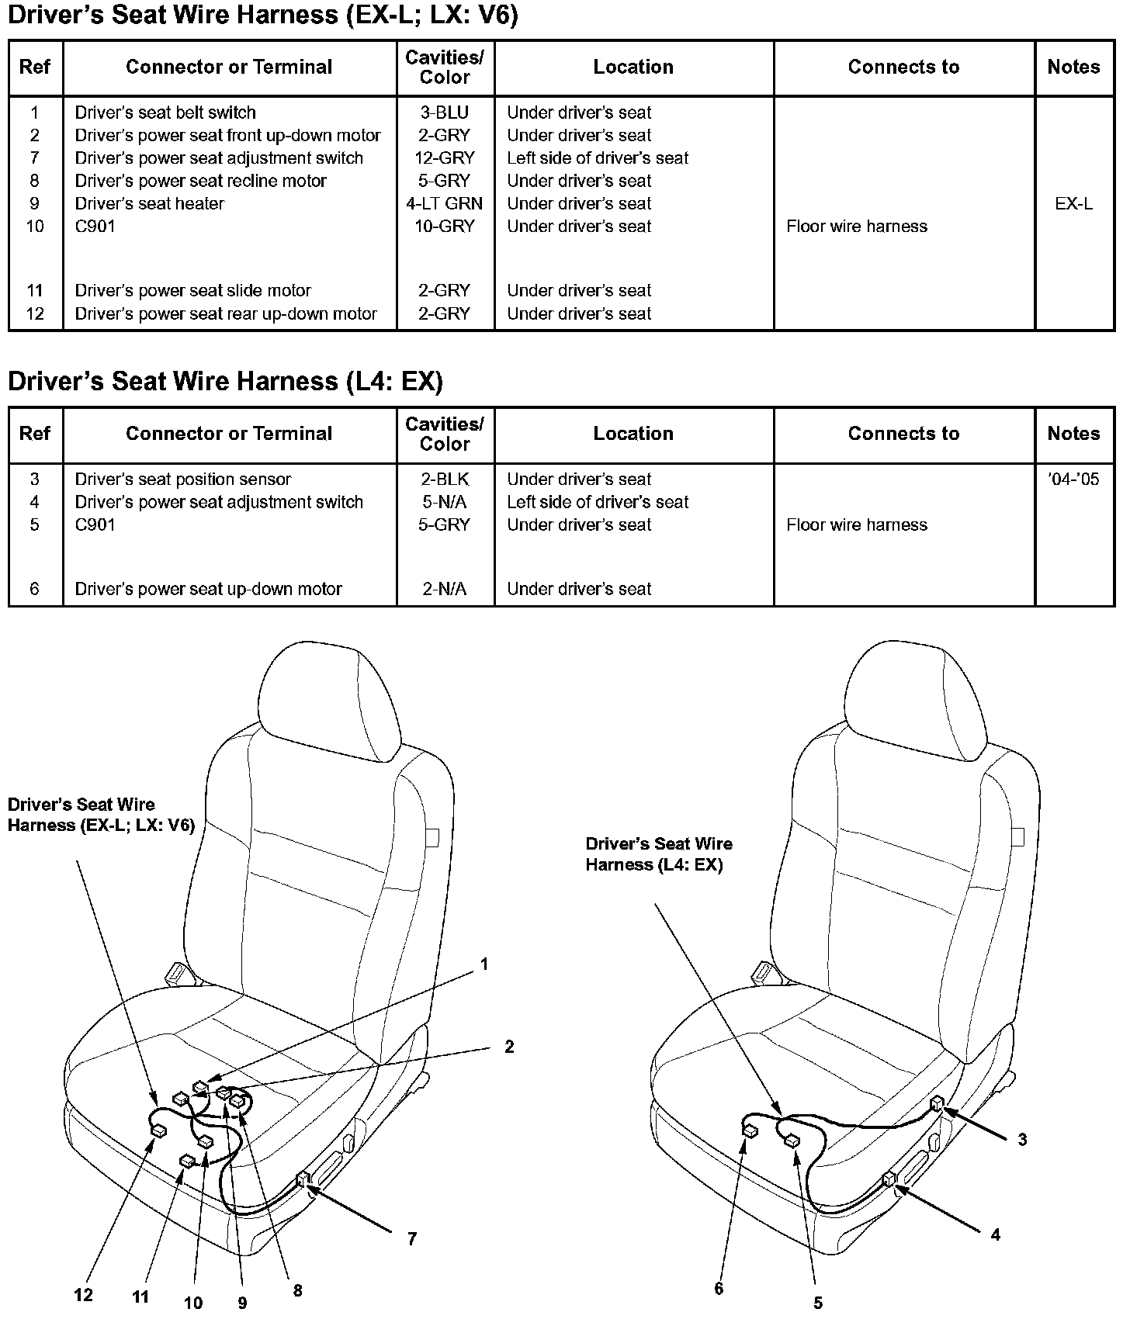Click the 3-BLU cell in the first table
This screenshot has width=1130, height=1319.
[x=445, y=113]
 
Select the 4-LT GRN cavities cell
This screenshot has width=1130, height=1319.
[x=445, y=203]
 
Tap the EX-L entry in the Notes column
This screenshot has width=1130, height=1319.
[x=1073, y=203]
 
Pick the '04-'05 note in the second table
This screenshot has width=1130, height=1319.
[x=1073, y=479]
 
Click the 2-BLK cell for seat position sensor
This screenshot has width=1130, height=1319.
[x=445, y=479]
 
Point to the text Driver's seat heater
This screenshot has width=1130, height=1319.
[x=149, y=203]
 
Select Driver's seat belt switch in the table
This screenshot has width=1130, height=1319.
[x=165, y=113]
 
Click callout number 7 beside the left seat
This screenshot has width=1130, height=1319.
[x=411, y=1239]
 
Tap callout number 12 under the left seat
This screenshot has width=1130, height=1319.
[x=83, y=1294]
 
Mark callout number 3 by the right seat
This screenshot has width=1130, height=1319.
[x=1022, y=1139]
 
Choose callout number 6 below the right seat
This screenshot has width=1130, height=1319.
[x=719, y=1289]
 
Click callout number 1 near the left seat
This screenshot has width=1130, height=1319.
[x=484, y=964]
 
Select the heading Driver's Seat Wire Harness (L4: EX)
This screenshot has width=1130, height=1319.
[x=225, y=381]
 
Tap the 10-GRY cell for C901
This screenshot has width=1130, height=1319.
[x=445, y=227]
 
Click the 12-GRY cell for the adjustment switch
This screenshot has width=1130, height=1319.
[x=445, y=158]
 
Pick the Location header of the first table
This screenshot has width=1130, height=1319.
[x=633, y=68]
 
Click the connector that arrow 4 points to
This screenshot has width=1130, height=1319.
[x=889, y=1180]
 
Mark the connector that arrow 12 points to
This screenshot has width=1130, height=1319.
[x=158, y=1130]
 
